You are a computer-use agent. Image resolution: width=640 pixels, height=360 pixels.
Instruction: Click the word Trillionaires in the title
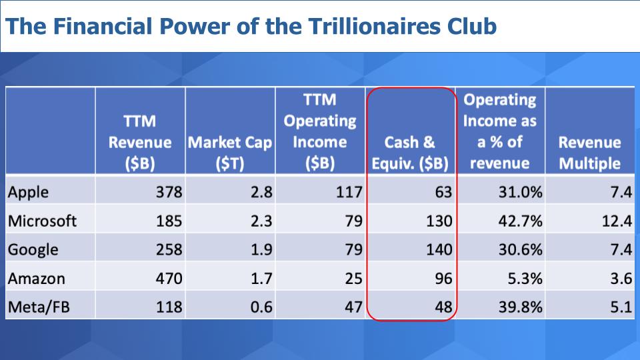click(374, 26)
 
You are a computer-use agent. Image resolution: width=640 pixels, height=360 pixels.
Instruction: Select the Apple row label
click(28, 192)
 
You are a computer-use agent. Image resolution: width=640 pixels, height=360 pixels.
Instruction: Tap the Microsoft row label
click(42, 221)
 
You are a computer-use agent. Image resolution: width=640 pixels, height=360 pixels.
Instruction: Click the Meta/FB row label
click(39, 307)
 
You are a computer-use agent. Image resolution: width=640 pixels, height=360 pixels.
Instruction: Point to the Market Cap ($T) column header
click(230, 153)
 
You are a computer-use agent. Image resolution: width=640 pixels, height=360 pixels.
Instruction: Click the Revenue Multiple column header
click(590, 153)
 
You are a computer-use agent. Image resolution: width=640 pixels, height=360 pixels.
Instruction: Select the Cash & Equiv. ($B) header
click(410, 153)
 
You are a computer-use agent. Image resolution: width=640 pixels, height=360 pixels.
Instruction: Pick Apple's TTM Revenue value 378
click(169, 192)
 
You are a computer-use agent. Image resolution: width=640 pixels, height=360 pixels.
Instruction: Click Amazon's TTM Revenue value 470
click(169, 279)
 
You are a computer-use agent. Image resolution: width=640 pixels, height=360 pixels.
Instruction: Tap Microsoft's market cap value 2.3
click(261, 221)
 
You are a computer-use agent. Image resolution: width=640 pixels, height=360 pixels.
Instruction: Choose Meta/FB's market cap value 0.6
click(261, 307)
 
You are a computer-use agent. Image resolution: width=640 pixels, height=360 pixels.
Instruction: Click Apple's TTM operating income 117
click(349, 192)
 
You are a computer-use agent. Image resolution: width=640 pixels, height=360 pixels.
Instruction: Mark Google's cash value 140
click(439, 249)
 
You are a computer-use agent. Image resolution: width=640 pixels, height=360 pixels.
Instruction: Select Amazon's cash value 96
click(443, 279)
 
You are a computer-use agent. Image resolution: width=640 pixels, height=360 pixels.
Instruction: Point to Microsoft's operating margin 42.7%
click(521, 221)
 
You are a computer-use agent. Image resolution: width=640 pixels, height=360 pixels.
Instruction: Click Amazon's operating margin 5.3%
click(525, 279)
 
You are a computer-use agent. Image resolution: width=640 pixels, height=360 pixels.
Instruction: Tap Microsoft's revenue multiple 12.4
click(617, 221)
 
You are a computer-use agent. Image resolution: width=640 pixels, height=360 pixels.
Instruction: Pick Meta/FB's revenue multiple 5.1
click(621, 307)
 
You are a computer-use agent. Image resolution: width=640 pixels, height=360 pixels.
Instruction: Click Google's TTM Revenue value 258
click(169, 249)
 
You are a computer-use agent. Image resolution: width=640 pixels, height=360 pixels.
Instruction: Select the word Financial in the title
click(102, 26)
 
